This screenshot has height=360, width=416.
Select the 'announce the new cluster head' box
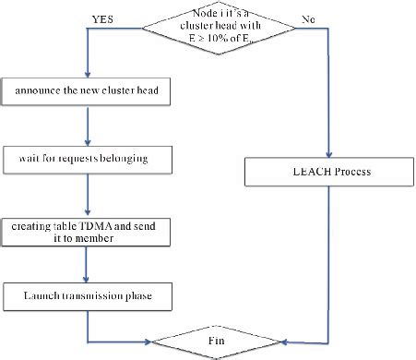tap(87, 90)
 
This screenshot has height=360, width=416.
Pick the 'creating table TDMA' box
tap(87, 231)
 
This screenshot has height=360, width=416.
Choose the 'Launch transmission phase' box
tap(87, 295)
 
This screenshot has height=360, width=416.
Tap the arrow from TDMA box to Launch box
tap(87, 266)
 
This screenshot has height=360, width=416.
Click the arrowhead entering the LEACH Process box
tap(328, 154)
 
